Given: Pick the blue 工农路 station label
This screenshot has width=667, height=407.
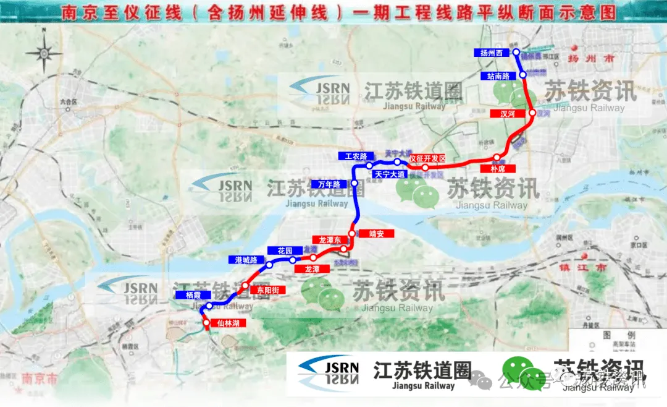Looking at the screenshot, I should point(356,156).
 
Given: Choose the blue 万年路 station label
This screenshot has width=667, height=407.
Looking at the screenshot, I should point(330,184).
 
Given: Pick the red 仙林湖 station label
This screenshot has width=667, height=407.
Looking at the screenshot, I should point(228,323).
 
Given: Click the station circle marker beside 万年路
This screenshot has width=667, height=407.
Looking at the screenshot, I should point(354,184).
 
